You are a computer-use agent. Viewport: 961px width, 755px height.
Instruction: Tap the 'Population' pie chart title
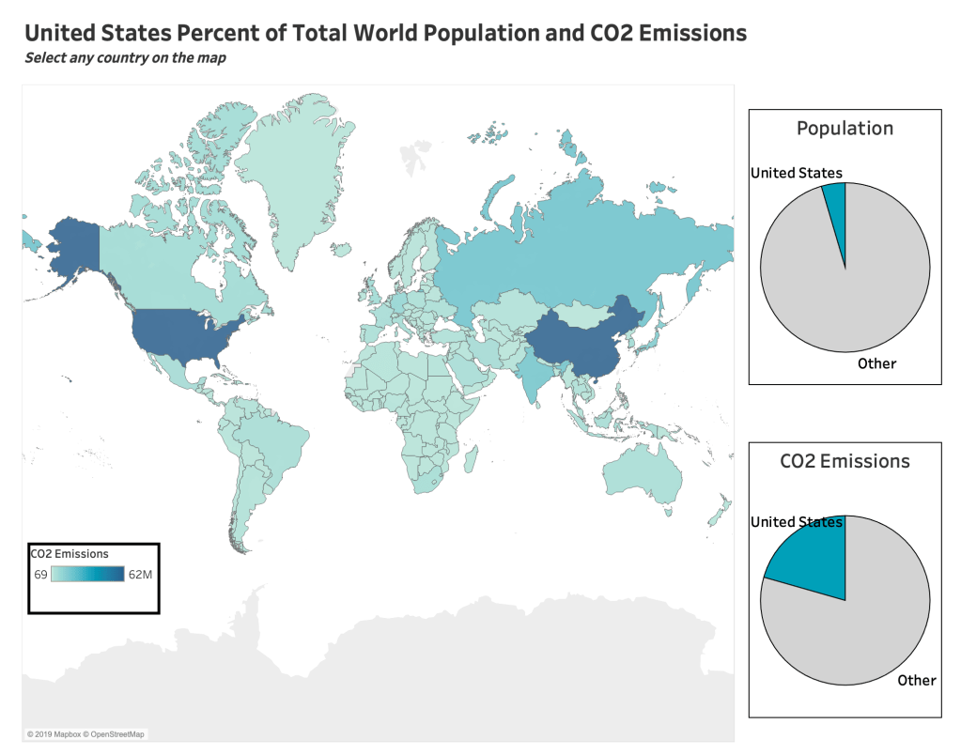845,129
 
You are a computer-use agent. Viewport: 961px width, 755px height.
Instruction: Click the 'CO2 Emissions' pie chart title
845,461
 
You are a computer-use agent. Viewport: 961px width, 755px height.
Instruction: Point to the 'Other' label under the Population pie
876,363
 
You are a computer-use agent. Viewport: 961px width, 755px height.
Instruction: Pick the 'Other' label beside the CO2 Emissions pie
916,680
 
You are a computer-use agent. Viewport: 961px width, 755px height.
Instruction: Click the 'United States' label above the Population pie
796,173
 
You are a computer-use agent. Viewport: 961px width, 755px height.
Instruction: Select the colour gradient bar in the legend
88,575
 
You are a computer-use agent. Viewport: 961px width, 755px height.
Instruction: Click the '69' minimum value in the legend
41,575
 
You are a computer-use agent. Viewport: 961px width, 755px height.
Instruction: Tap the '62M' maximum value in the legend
140,575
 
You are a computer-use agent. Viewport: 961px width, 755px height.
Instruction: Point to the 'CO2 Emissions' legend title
70,554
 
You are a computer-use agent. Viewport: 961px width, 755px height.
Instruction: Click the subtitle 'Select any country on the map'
125,58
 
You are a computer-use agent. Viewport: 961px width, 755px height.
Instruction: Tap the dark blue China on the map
578,343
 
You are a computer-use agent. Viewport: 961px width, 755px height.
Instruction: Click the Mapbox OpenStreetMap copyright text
86,733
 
